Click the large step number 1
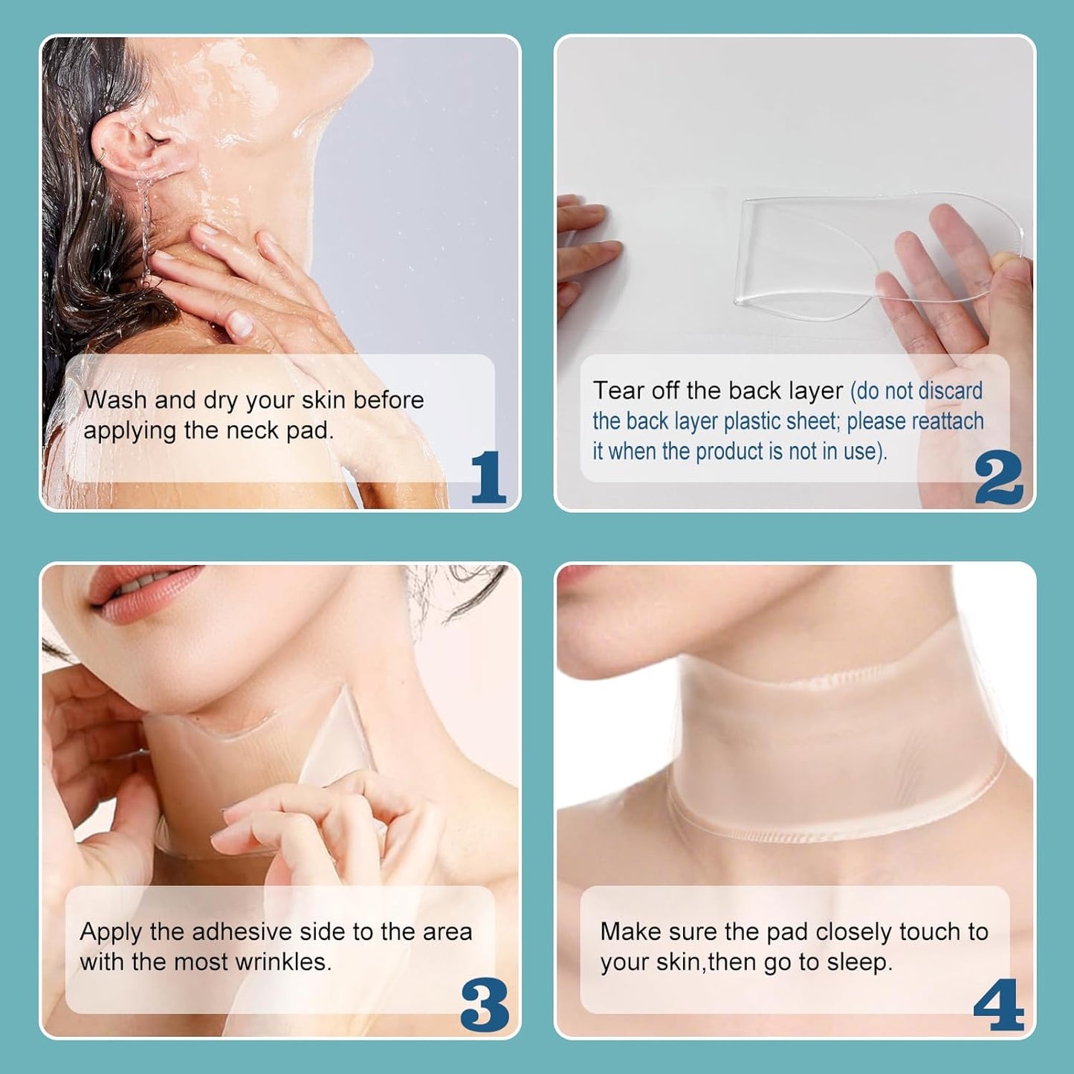point(488,477)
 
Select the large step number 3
point(485,1005)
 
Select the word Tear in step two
point(618,391)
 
